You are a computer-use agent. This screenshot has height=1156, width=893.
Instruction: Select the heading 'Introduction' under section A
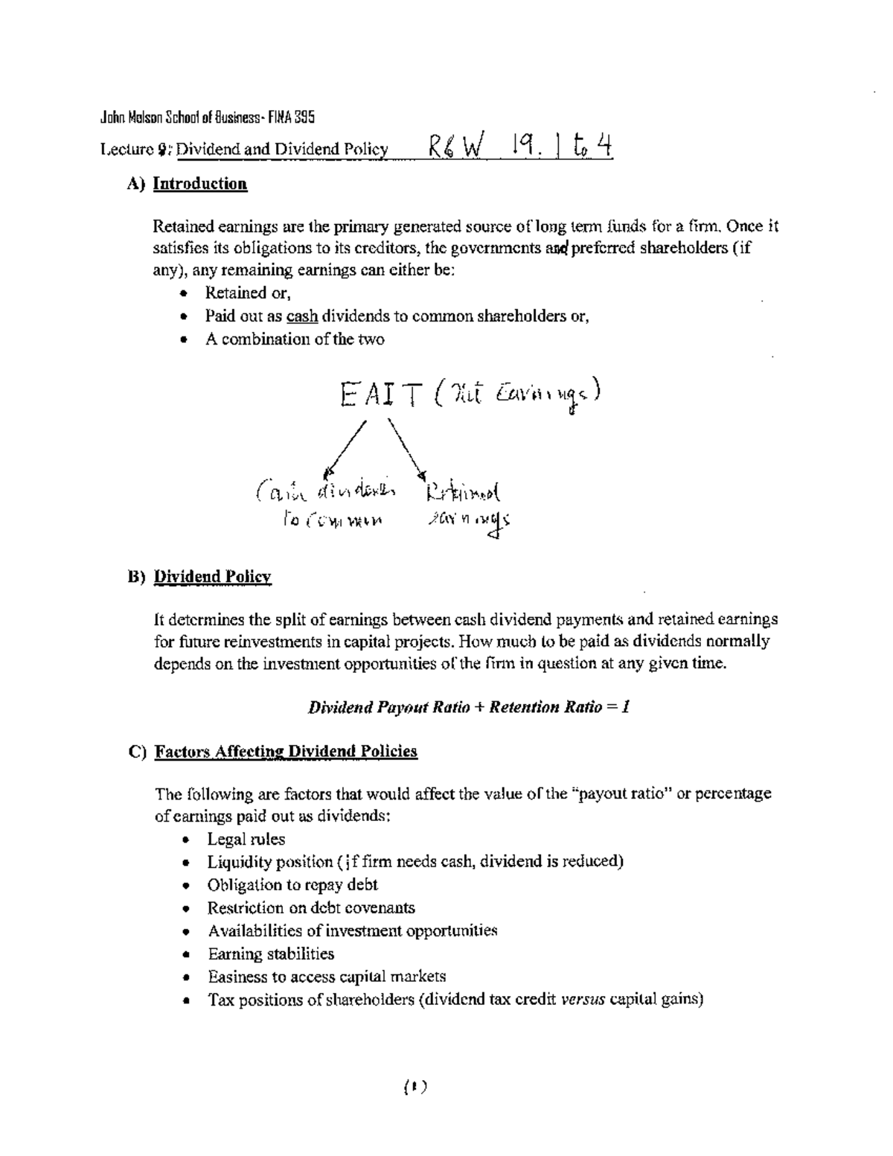(x=199, y=184)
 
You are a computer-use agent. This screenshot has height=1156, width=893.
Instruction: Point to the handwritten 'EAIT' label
(x=381, y=395)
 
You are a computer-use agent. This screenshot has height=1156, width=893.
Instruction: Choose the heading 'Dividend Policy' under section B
(x=212, y=577)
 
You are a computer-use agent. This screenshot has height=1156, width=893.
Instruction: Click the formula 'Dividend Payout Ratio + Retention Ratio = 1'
(x=469, y=707)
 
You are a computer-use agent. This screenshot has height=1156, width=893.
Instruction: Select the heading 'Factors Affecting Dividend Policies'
(x=286, y=751)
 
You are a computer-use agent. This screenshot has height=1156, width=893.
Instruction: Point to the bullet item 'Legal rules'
(x=246, y=840)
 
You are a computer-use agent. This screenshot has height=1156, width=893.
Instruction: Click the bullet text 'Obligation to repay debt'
(x=292, y=885)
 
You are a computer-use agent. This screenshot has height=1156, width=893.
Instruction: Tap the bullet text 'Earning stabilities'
(x=271, y=954)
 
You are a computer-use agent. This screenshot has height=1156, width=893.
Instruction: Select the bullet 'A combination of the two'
(x=295, y=339)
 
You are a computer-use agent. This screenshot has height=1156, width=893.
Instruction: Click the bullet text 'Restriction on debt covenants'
(x=311, y=908)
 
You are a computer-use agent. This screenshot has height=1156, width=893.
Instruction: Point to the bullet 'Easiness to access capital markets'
(x=327, y=977)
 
